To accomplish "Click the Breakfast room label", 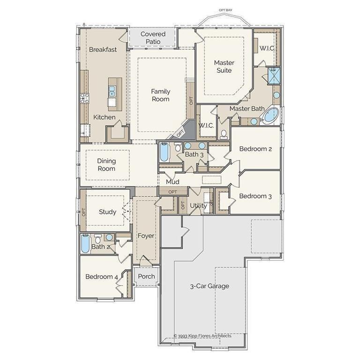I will tap(103, 49).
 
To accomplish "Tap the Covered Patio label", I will tap(153, 38).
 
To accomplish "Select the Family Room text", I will tap(160, 95).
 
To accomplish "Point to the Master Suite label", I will tap(224, 66).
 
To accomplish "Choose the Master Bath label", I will tap(247, 109).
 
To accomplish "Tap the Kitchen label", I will tap(104, 117).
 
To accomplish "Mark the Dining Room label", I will tap(106, 165).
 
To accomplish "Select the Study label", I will tap(107, 212).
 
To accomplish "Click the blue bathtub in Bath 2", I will tap(85, 244).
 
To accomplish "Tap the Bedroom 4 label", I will tap(102, 277).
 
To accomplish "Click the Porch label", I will tap(146, 276).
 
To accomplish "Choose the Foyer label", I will tap(146, 236).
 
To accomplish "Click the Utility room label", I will tap(198, 205).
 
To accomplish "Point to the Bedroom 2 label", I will tap(255, 149).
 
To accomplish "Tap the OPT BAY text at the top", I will tap(226, 9).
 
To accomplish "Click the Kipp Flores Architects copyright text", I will tap(202, 336).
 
